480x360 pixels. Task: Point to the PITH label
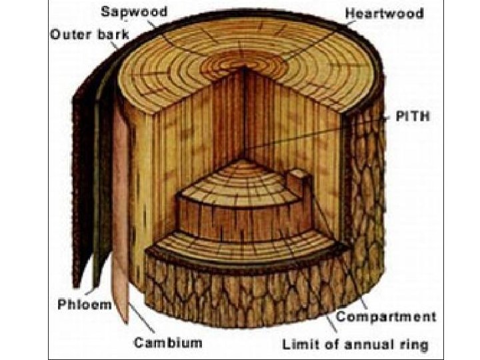point(413,117)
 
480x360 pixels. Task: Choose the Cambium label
point(167,343)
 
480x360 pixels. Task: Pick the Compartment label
point(386,317)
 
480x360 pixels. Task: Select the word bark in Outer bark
point(100,34)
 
